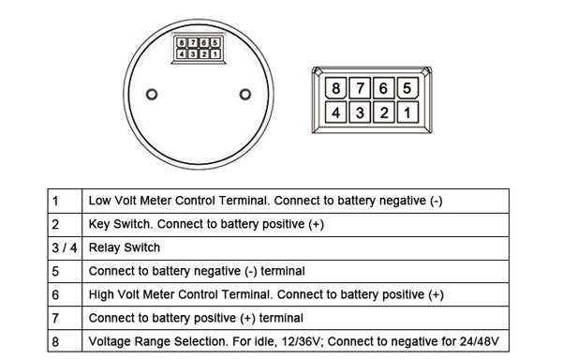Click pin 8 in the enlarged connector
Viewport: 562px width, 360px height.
point(335,91)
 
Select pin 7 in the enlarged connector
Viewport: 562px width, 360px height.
point(359,91)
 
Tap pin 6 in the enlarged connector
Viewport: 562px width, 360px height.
point(382,91)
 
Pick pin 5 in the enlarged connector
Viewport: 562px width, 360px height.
point(406,91)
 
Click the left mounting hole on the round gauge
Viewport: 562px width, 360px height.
point(153,93)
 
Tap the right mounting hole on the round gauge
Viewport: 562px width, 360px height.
point(245,93)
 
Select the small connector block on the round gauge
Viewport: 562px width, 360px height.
point(200,49)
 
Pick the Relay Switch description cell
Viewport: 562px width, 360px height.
point(125,247)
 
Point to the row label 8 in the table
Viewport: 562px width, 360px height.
point(55,341)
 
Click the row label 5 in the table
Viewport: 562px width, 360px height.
point(55,271)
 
